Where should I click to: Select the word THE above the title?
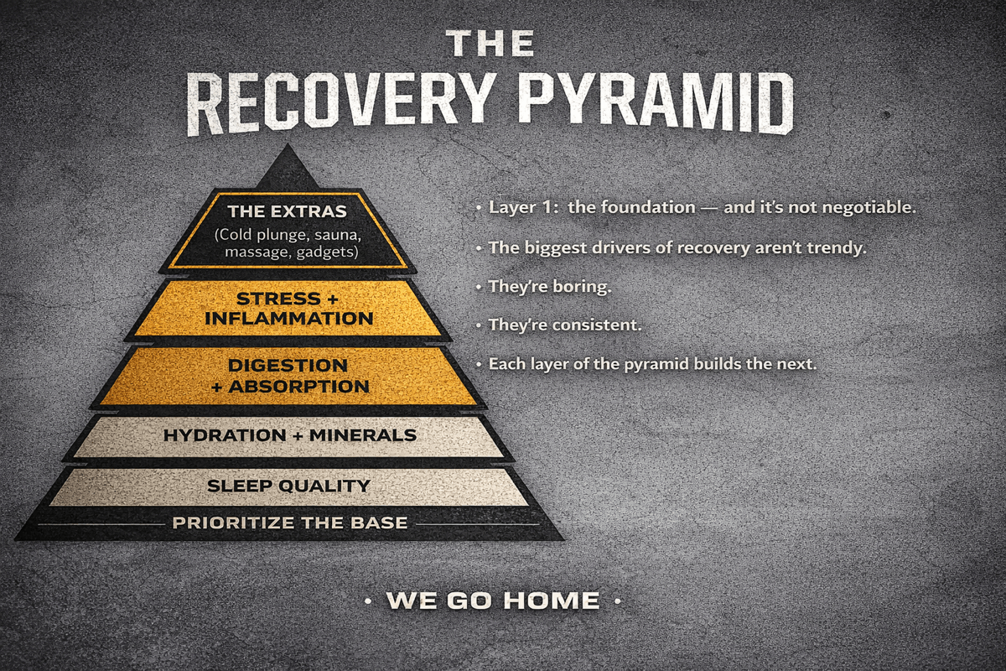coord(490,44)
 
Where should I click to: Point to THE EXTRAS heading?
coord(287,211)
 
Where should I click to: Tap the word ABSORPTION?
coord(299,387)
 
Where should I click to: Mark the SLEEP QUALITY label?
coord(288,486)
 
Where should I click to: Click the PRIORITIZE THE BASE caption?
coord(289,523)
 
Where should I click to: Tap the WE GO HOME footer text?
coord(492,601)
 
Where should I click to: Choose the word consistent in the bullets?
coord(598,324)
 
